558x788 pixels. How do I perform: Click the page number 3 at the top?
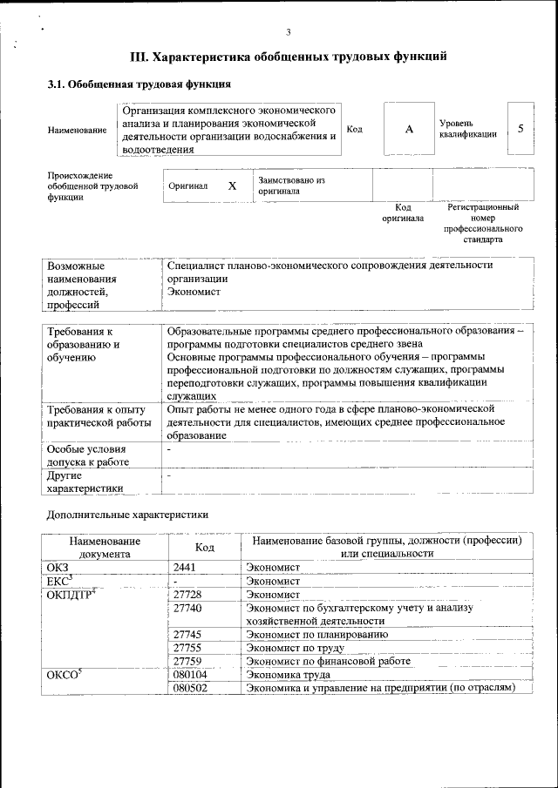tap(289, 32)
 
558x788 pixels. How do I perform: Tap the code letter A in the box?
tap(408, 129)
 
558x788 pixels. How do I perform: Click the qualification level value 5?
tap(521, 129)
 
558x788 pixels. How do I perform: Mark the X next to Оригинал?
tap(232, 185)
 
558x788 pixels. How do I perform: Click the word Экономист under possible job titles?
tap(194, 293)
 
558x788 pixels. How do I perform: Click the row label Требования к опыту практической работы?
tap(99, 415)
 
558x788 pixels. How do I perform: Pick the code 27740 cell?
tap(187, 608)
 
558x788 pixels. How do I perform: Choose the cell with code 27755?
tap(187, 648)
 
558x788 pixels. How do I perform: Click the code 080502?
tap(190, 687)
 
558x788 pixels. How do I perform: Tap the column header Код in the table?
tap(204, 547)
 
